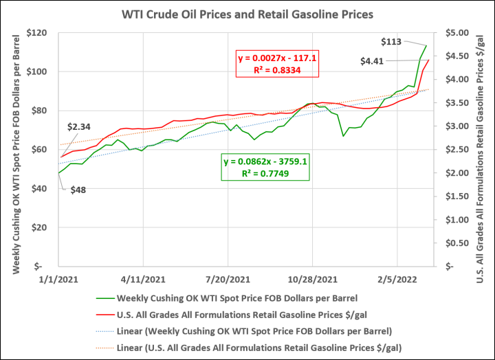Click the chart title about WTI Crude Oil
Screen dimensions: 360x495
pyautogui.click(x=247, y=14)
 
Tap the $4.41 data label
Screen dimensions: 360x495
pyautogui.click(x=372, y=61)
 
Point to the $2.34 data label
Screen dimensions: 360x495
pyautogui.click(x=80, y=127)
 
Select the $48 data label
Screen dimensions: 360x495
pyautogui.click(x=78, y=189)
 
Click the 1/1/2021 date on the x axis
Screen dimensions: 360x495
pyautogui.click(x=60, y=280)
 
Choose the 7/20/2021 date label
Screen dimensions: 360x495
pyautogui.click(x=228, y=280)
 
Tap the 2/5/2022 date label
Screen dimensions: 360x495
pyautogui.click(x=397, y=280)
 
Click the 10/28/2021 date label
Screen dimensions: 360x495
pyautogui.click(x=312, y=280)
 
